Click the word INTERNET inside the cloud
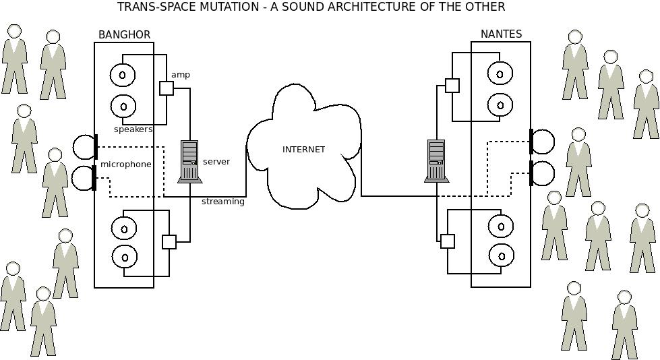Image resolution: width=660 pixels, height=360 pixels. tap(303, 150)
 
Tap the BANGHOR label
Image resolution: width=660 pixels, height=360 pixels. tap(124, 35)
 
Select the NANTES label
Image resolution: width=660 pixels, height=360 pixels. tap(501, 34)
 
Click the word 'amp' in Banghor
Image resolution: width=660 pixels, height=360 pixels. tap(181, 75)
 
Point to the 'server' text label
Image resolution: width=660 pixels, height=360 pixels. tap(216, 162)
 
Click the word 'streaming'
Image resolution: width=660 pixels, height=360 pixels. tap(222, 202)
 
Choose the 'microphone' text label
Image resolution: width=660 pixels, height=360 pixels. tap(126, 164)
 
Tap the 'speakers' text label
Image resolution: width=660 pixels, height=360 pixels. tap(133, 129)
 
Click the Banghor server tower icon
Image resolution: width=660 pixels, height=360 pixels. tap(189, 161)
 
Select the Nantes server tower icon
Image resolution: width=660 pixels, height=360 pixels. tap(436, 161)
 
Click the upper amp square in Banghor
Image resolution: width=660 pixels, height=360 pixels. tap(167, 88)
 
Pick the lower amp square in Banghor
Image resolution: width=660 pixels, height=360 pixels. tap(169, 242)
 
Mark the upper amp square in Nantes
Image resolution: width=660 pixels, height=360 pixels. tap(452, 86)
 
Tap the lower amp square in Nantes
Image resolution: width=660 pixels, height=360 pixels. tap(448, 241)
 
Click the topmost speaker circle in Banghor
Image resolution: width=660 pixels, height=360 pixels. tap(123, 75)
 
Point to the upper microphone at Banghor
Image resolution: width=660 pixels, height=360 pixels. tap(85, 147)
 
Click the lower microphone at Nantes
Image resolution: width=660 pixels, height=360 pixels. tap(542, 173)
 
